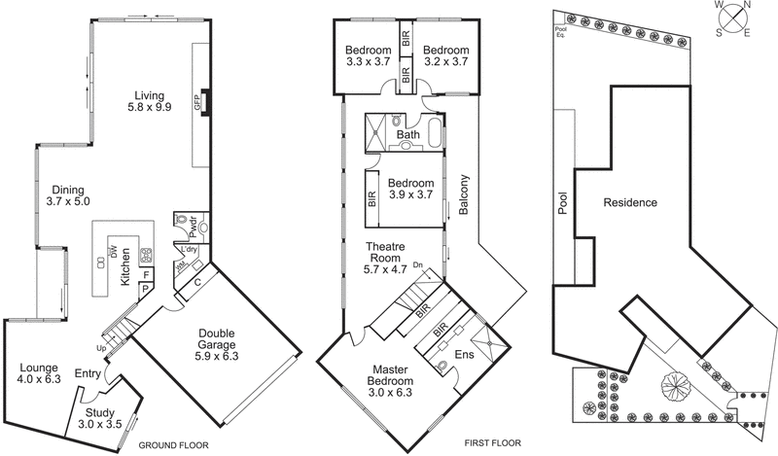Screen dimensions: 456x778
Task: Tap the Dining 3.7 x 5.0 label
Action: pos(68,195)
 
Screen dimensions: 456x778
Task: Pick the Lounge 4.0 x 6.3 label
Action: pos(40,373)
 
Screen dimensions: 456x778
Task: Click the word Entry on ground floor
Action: pos(88,372)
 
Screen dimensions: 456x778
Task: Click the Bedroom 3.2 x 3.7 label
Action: pos(445,56)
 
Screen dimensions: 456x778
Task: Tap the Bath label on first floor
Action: pos(407,134)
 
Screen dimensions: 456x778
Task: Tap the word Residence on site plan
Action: pos(630,203)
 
